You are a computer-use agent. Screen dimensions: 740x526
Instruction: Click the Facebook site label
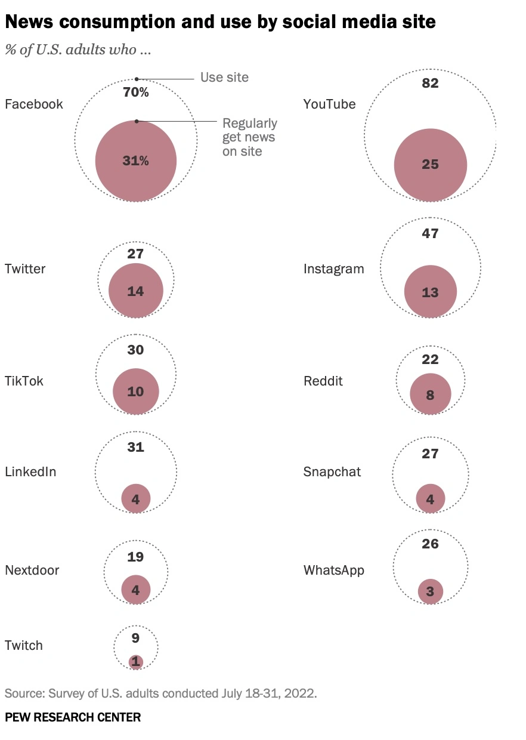click(x=33, y=104)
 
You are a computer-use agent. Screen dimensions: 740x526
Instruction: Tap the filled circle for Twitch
click(x=136, y=661)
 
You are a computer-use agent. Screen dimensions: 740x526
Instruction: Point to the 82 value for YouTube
click(x=430, y=84)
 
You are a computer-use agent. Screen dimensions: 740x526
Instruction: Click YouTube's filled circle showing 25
click(x=430, y=164)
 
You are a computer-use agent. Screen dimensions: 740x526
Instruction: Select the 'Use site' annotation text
click(x=224, y=77)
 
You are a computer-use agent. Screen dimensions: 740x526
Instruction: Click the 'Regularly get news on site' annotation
click(x=249, y=137)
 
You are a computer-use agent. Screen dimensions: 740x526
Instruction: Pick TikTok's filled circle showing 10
click(x=136, y=391)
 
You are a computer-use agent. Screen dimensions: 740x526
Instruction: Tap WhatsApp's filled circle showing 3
click(x=430, y=592)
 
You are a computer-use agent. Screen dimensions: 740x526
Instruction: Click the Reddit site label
click(x=323, y=381)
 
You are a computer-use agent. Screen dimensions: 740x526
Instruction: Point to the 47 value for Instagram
click(x=430, y=233)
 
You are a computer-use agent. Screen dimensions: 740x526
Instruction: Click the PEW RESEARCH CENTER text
click(x=73, y=717)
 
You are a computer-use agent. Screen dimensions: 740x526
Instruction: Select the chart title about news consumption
click(x=220, y=22)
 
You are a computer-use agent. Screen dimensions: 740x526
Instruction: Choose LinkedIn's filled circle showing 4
click(x=136, y=499)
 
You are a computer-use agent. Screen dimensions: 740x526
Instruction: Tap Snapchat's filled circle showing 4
click(x=430, y=499)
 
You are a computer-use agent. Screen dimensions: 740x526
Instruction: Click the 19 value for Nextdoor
click(x=136, y=557)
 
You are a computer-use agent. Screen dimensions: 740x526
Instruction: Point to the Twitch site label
click(x=24, y=645)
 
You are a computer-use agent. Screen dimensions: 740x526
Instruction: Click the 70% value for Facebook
click(x=136, y=92)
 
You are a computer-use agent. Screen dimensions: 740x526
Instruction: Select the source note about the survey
click(x=161, y=693)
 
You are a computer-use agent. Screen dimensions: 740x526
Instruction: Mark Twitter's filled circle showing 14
click(x=136, y=291)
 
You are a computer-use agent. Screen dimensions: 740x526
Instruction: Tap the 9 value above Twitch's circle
click(x=136, y=638)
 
